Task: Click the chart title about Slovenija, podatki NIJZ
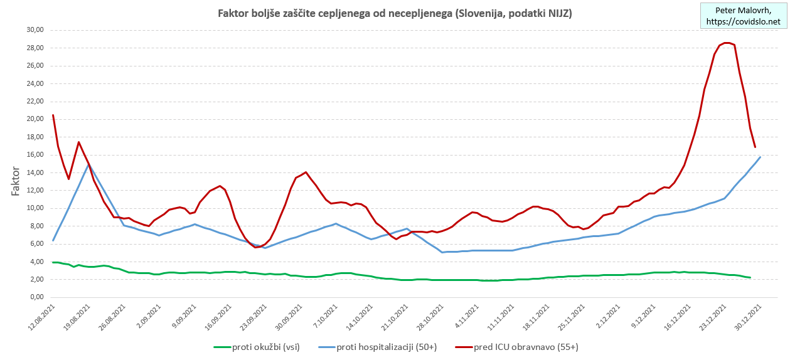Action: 395,13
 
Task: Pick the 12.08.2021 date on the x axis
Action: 41,317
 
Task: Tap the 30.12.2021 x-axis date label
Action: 750,317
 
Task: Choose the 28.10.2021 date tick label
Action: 431,317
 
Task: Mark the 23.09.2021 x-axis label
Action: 254,317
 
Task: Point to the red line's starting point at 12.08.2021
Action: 53,115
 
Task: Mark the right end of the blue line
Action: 760,157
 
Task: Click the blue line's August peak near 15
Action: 89,164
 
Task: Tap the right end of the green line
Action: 750,277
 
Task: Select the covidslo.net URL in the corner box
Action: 743,22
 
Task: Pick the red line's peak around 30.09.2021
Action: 306,172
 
